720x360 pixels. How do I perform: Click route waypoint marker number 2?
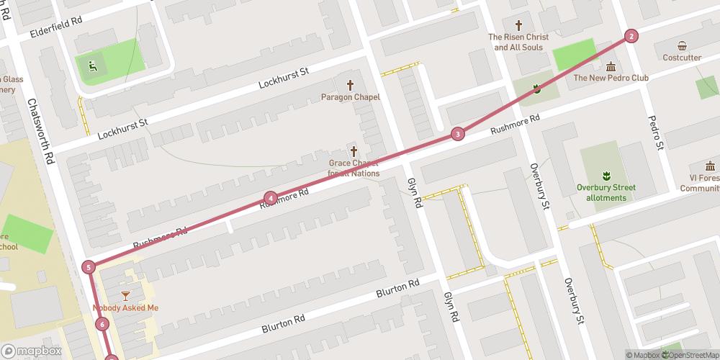pos(631,36)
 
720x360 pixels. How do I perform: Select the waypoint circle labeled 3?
pos(457,134)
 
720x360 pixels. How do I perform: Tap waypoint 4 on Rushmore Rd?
pos(270,198)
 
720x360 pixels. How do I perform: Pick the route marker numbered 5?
pos(89,267)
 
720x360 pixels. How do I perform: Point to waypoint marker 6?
pos(102,325)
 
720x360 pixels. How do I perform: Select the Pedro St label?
pos(655,133)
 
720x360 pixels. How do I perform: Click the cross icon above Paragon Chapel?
pos(351,84)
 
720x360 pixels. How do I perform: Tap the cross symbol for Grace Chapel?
pos(354,150)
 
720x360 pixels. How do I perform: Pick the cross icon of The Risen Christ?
pos(518,24)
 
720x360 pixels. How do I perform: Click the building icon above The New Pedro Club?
pos(611,66)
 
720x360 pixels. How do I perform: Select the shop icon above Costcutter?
pos(682,45)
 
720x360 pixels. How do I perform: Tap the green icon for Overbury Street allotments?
pos(606,176)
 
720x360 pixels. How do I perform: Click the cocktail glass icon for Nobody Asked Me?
pos(126,295)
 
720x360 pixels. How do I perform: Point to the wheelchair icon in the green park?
pos(91,66)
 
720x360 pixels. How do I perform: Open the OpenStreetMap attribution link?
pos(690,354)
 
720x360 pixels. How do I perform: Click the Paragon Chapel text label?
pos(351,97)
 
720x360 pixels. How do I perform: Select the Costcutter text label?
pos(682,58)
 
